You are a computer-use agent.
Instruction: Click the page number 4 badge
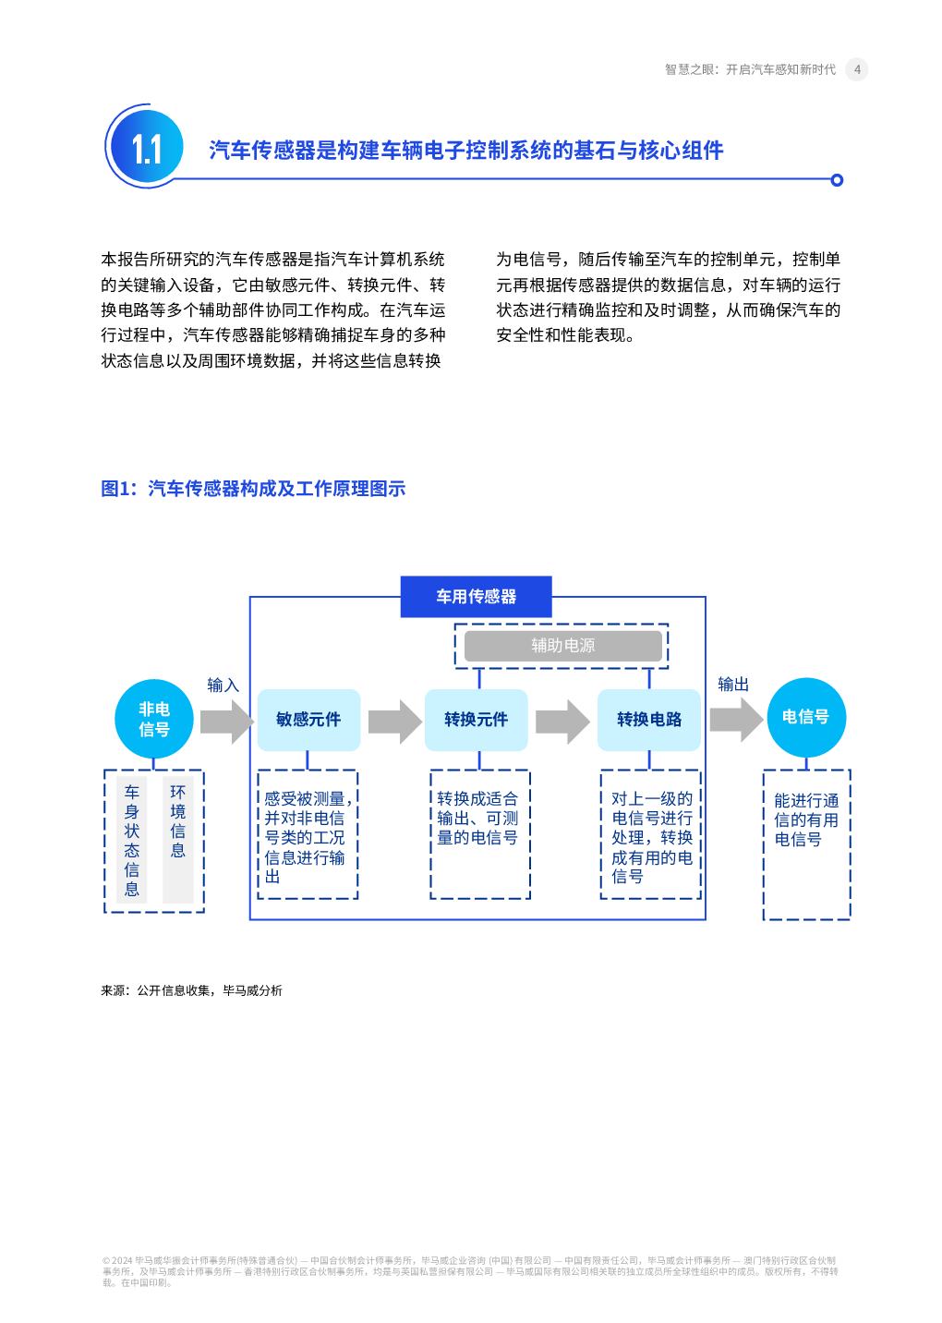coord(856,69)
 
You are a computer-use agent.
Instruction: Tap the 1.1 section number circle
coord(146,148)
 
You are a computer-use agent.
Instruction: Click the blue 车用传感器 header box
coord(476,597)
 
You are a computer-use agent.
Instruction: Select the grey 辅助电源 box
coord(562,646)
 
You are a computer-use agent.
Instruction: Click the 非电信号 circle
coord(154,719)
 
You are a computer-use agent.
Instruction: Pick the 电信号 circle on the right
coord(805,717)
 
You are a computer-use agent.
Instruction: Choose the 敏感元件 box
coord(308,720)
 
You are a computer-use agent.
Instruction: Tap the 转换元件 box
coord(476,720)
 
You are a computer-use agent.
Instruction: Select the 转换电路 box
coord(648,720)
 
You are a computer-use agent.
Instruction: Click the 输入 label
coord(223,685)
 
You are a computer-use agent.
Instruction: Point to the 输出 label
coord(733,684)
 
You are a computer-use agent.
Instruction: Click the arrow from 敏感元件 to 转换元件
coord(394,722)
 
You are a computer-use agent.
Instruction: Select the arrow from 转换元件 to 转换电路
coord(562,722)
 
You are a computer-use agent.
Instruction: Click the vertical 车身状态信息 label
coord(132,840)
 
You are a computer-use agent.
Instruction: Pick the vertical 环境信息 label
coord(178,820)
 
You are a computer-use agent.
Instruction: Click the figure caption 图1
coord(253,489)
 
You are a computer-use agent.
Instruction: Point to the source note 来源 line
coord(191,990)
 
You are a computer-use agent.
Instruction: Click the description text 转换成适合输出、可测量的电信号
coord(477,818)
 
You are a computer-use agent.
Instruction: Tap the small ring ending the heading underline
coord(837,180)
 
